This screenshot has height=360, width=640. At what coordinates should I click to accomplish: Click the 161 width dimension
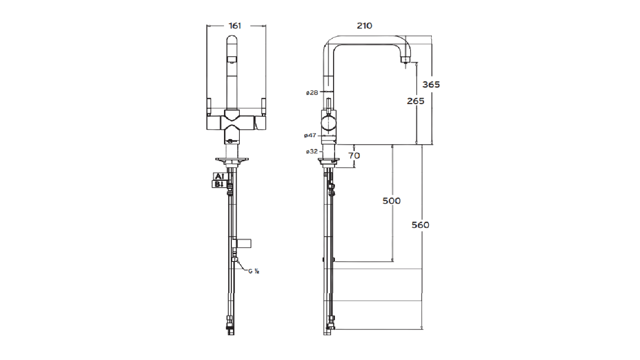click(235, 26)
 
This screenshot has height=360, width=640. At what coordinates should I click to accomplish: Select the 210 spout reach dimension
click(364, 26)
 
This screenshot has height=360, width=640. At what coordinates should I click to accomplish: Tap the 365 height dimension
click(431, 84)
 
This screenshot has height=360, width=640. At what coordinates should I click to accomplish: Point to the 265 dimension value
click(416, 101)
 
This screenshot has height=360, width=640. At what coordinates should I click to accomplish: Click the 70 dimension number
click(354, 156)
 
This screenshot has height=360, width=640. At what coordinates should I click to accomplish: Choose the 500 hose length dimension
click(391, 201)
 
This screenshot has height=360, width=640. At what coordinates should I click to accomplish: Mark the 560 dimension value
click(420, 225)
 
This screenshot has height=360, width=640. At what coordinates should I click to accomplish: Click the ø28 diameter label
click(312, 93)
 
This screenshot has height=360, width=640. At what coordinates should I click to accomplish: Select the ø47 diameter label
click(310, 136)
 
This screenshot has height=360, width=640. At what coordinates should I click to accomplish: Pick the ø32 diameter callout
click(312, 151)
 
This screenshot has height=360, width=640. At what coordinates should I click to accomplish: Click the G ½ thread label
click(254, 271)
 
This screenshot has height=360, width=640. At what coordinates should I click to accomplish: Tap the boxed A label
click(219, 176)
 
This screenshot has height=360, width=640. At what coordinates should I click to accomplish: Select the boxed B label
click(218, 184)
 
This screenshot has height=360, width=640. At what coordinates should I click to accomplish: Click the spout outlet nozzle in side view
click(404, 60)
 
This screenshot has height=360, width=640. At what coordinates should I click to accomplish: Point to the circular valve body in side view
click(329, 123)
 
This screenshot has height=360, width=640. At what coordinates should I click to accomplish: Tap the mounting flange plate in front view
click(232, 160)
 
